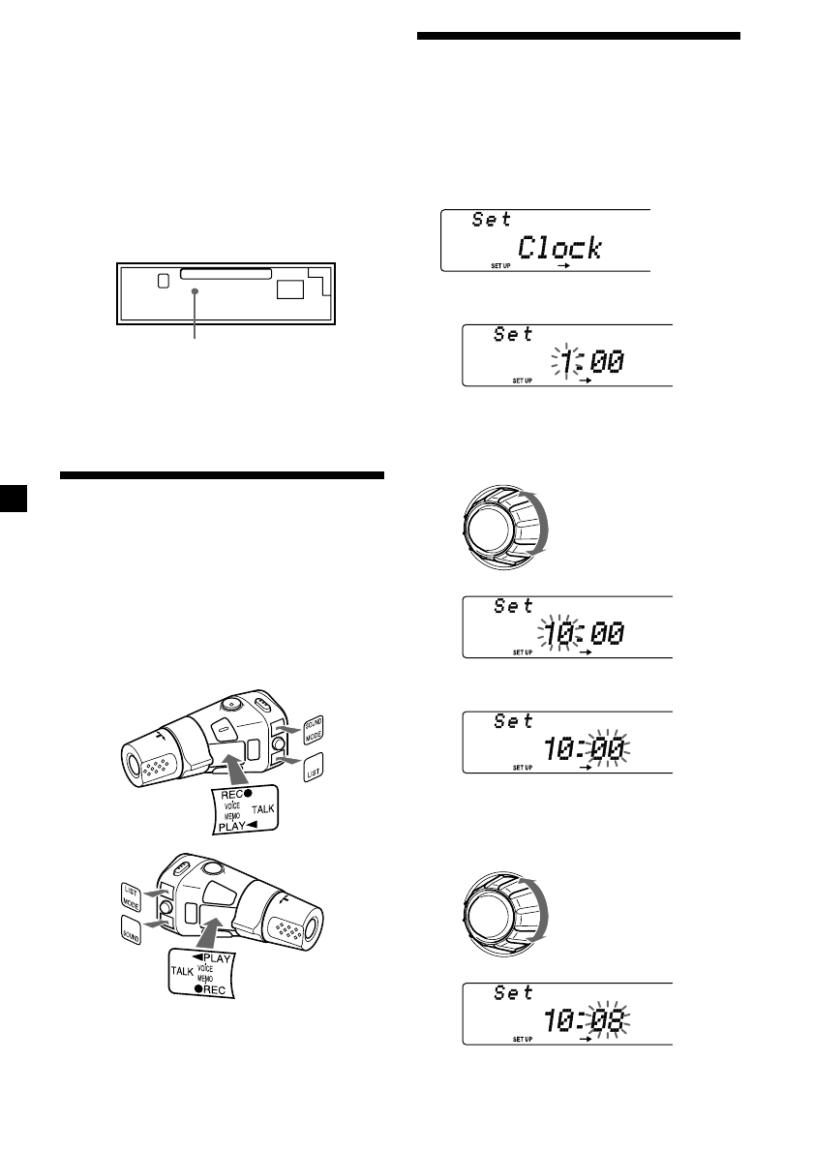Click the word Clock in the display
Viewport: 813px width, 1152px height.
click(x=559, y=248)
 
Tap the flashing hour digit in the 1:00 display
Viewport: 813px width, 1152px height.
click(x=571, y=362)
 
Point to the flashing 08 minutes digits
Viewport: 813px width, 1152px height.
click(x=609, y=1020)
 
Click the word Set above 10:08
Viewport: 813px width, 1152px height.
click(x=513, y=992)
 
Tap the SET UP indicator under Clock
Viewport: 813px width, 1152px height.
click(x=501, y=265)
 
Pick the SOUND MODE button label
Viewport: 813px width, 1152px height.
click(x=314, y=730)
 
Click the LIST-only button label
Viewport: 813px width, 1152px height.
click(x=314, y=769)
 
